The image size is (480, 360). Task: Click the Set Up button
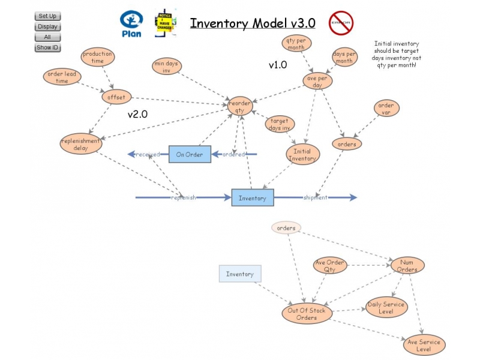click(x=47, y=16)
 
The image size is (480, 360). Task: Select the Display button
click(x=47, y=26)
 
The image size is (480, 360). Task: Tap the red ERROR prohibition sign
click(x=340, y=23)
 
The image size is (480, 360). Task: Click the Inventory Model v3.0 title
click(x=253, y=23)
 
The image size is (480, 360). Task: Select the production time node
click(x=97, y=57)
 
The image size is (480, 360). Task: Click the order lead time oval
click(x=62, y=77)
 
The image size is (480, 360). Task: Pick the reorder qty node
click(x=239, y=107)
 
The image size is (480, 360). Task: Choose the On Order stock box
click(x=189, y=154)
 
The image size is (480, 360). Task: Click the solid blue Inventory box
click(x=253, y=197)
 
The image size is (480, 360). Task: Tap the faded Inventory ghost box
click(x=240, y=274)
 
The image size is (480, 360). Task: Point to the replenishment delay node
click(x=81, y=144)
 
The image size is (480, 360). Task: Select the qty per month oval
click(x=297, y=44)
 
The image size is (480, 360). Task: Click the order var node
click(x=386, y=109)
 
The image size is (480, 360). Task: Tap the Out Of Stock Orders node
click(x=307, y=314)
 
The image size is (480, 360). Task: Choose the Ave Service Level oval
click(x=424, y=346)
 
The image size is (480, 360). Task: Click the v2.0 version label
click(x=137, y=113)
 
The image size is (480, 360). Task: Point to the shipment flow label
click(x=315, y=197)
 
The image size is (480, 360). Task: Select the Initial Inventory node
click(x=302, y=154)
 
